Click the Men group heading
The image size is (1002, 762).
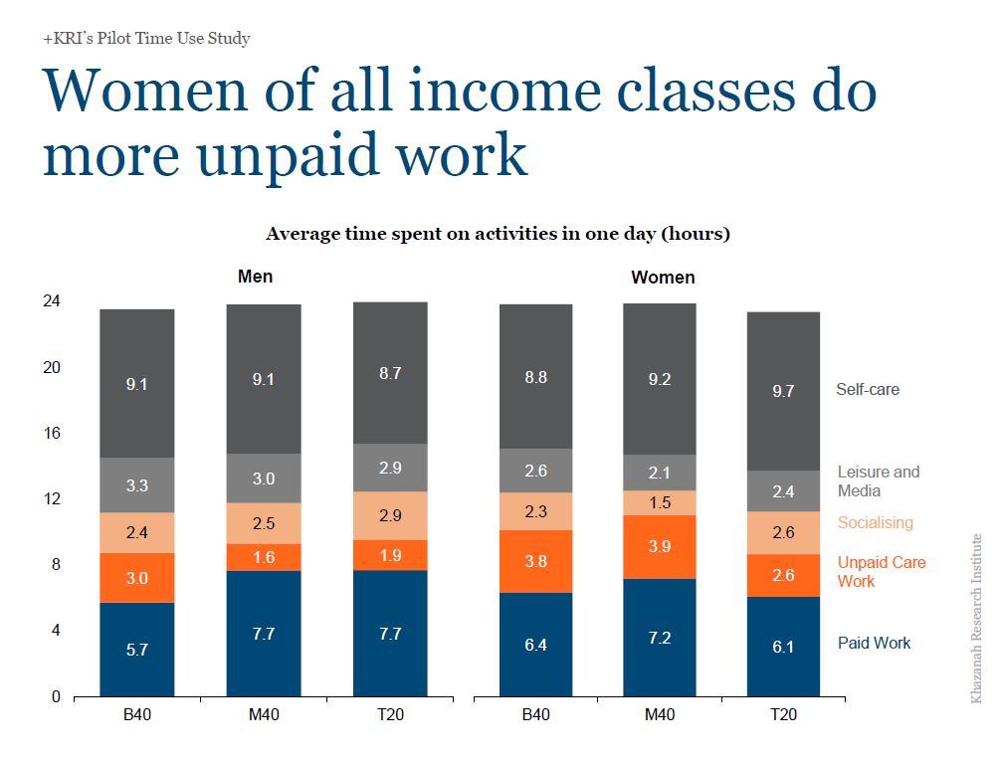coord(255,277)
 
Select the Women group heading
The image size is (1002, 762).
coord(663,278)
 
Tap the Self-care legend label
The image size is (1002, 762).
coord(867,389)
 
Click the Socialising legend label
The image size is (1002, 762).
coord(875,522)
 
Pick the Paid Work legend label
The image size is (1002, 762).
coord(874,643)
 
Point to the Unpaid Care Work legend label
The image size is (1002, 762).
coord(882,572)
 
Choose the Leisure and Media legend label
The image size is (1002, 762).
coord(878,480)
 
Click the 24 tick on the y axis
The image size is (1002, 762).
coord(52,300)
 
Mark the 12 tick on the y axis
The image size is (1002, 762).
coord(52,498)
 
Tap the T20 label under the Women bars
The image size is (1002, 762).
coord(783,714)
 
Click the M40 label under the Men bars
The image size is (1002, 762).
coord(264,714)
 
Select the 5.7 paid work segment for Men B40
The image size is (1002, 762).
coord(136,649)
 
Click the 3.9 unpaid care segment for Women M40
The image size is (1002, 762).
coord(660,547)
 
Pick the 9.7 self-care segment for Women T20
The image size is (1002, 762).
coord(783,391)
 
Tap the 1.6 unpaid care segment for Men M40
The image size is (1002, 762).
coord(264,557)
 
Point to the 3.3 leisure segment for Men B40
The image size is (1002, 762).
coord(136,484)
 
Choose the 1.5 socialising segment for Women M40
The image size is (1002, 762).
coord(660,502)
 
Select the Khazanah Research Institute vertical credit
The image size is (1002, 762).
coord(976,619)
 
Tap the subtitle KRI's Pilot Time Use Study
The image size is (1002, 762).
coord(146,39)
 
